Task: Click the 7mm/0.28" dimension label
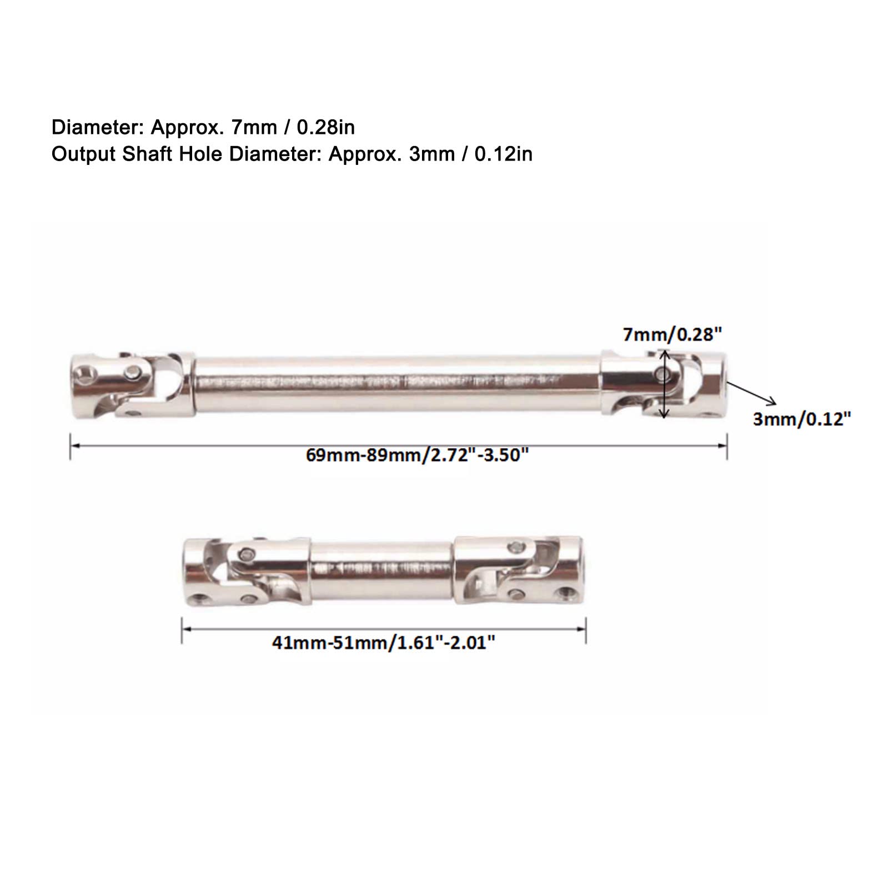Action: [672, 334]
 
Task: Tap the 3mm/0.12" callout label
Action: [802, 419]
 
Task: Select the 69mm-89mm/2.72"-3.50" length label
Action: [417, 455]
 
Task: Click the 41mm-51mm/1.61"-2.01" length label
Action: [383, 643]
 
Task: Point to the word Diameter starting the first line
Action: [98, 128]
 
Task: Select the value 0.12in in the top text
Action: [503, 154]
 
